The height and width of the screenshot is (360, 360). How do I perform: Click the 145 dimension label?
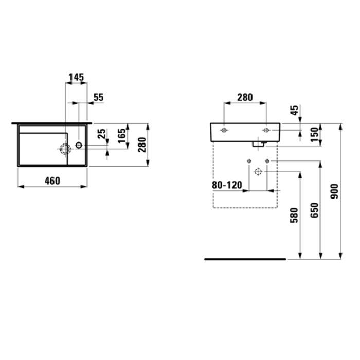click(x=76, y=77)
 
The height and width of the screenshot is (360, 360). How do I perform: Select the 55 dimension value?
click(x=98, y=97)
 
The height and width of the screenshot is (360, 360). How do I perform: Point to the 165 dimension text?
click(x=122, y=136)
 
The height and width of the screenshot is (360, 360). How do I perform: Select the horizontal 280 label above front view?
click(x=245, y=97)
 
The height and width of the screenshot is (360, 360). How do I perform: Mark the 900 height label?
click(x=335, y=191)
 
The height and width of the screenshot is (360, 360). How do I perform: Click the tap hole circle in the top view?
click(x=78, y=145)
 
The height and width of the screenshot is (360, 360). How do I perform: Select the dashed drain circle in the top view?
click(x=65, y=150)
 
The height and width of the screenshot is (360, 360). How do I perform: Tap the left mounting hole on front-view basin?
click(x=223, y=131)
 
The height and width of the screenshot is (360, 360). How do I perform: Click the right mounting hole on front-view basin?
click(x=266, y=131)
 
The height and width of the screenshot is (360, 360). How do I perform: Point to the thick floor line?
click(x=245, y=259)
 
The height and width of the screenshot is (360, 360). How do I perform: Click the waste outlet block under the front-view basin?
click(x=258, y=144)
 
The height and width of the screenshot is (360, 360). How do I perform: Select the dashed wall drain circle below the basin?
click(x=258, y=171)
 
